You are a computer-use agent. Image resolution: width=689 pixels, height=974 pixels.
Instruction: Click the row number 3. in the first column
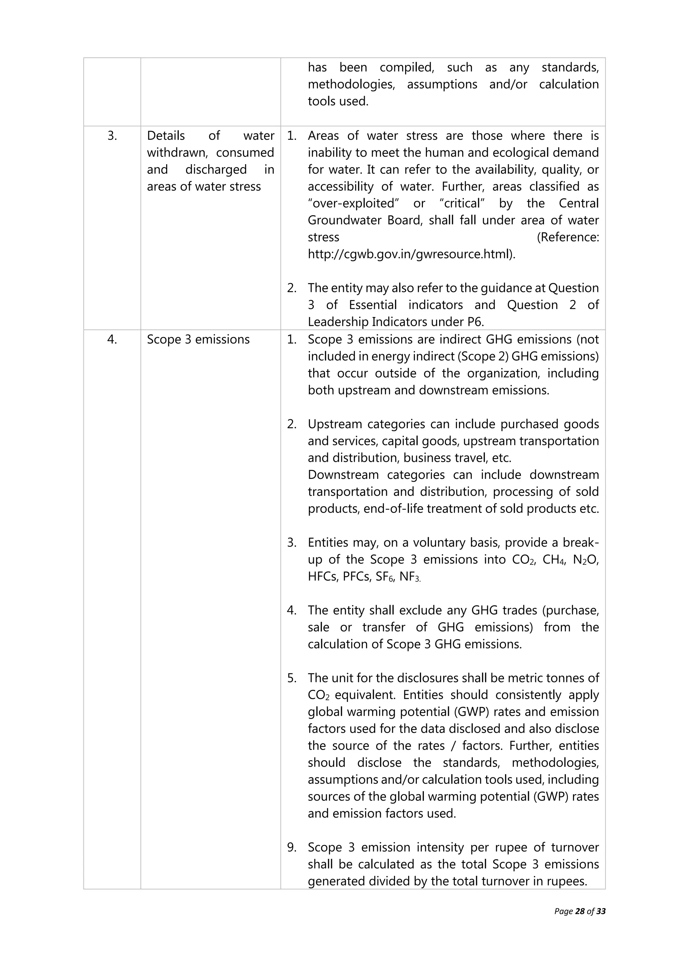point(112,136)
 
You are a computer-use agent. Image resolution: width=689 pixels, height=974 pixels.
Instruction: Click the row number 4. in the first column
point(112,339)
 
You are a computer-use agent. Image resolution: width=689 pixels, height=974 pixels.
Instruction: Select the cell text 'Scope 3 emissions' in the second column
point(198,339)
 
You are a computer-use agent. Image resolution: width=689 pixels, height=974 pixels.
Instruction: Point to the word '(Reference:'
point(568,237)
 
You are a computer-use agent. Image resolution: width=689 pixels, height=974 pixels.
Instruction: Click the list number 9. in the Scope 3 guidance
point(292,848)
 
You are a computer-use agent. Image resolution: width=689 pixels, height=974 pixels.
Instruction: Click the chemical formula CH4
point(553,560)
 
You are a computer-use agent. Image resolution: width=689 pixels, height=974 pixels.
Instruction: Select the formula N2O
point(585,560)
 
